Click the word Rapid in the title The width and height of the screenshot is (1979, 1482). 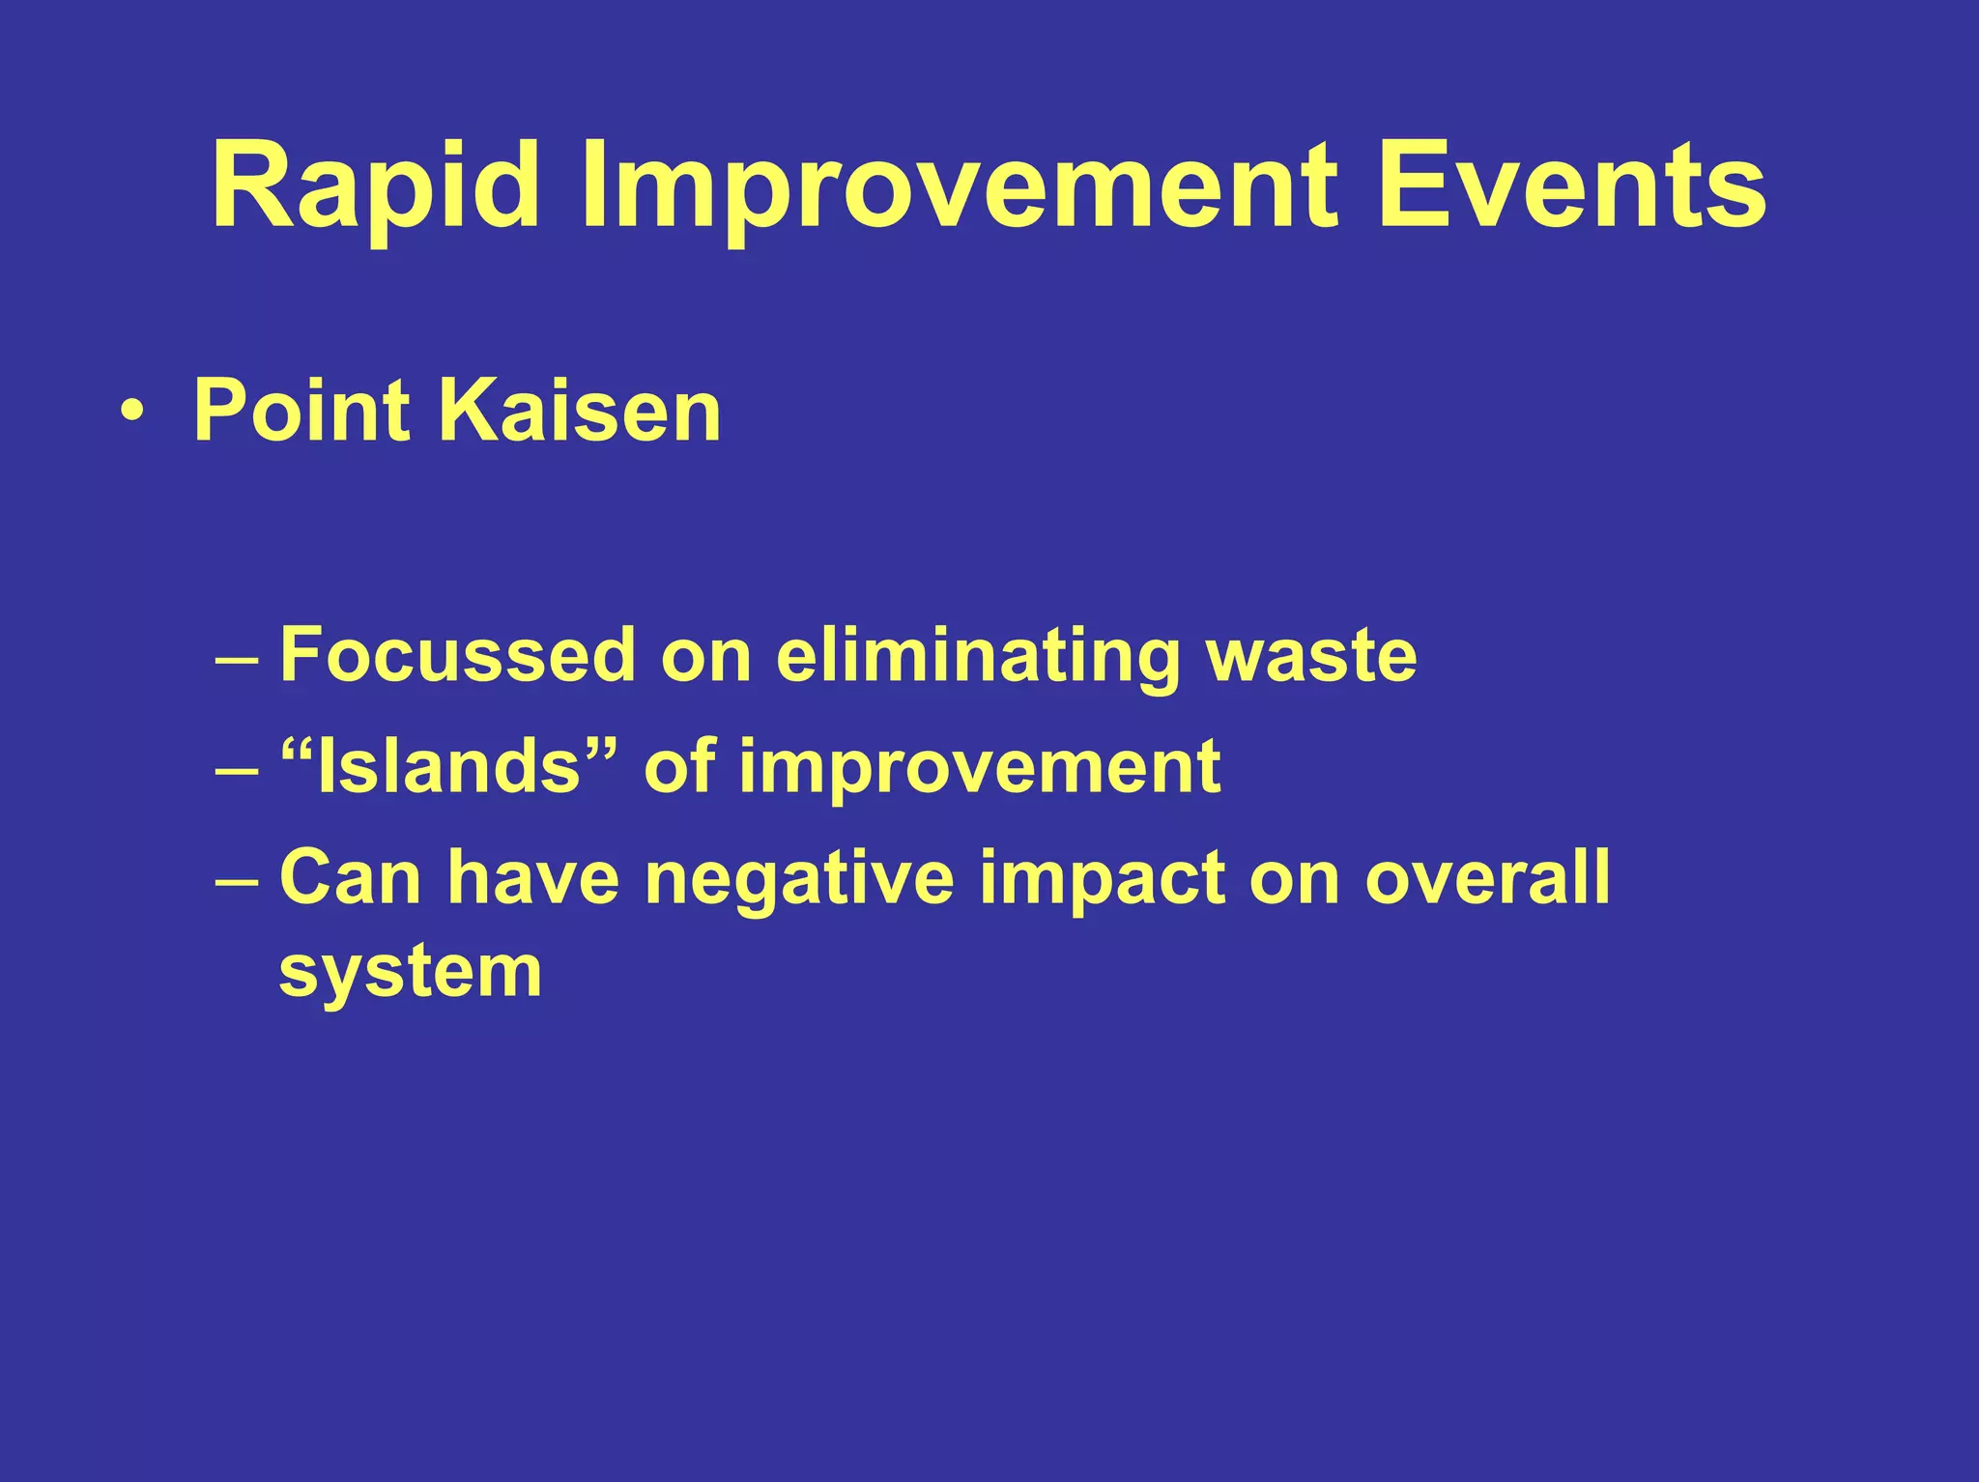point(375,185)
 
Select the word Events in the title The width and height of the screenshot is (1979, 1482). point(1572,185)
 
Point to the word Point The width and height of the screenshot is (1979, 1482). point(303,412)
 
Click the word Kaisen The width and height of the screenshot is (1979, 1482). point(580,412)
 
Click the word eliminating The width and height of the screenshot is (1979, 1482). point(978,658)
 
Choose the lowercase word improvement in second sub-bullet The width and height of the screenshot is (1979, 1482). point(980,769)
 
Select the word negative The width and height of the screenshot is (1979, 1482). point(799,880)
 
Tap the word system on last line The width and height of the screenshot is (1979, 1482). point(410,973)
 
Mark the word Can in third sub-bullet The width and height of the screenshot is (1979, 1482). point(350,878)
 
